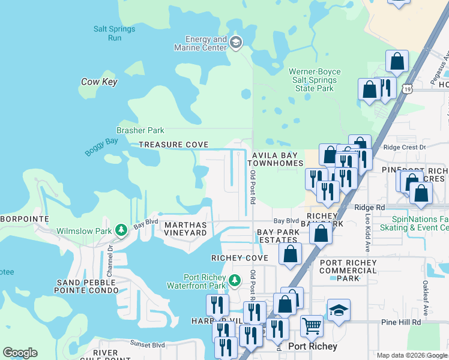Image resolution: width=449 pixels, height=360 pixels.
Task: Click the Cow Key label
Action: click(x=99, y=82)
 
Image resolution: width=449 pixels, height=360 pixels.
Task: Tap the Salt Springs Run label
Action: click(x=114, y=34)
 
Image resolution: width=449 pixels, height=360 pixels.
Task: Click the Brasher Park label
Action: click(x=140, y=130)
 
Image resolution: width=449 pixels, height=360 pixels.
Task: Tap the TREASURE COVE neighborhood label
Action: click(x=173, y=145)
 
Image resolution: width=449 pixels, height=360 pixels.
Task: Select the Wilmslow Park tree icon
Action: click(x=121, y=230)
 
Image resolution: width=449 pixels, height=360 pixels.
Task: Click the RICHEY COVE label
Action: click(x=240, y=257)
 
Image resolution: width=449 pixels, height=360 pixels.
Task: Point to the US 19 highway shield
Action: click(x=408, y=89)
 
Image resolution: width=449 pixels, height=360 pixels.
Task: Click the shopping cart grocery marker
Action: click(x=312, y=326)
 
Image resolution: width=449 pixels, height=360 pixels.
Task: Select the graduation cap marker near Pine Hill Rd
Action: click(x=339, y=310)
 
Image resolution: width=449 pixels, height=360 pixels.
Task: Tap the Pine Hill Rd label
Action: click(x=401, y=322)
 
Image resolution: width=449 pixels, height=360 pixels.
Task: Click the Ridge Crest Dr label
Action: click(x=403, y=147)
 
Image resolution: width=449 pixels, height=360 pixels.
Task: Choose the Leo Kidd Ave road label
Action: click(x=367, y=231)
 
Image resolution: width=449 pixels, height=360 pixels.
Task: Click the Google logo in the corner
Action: click(x=20, y=353)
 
